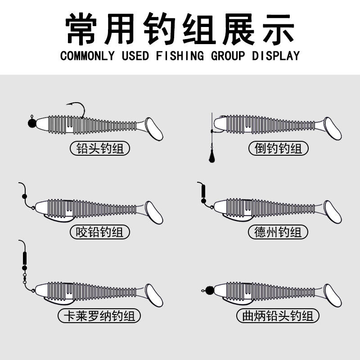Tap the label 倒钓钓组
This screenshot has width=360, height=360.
click(279, 148)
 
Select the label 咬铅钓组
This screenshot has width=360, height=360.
click(100, 232)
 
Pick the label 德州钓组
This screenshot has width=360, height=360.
click(278, 232)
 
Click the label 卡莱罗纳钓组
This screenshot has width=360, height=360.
click(99, 316)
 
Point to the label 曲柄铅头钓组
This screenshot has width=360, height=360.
click(278, 316)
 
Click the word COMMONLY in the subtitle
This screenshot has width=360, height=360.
click(88, 56)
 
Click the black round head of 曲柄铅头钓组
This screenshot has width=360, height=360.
click(209, 290)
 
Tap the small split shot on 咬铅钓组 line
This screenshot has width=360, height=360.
click(23, 196)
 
